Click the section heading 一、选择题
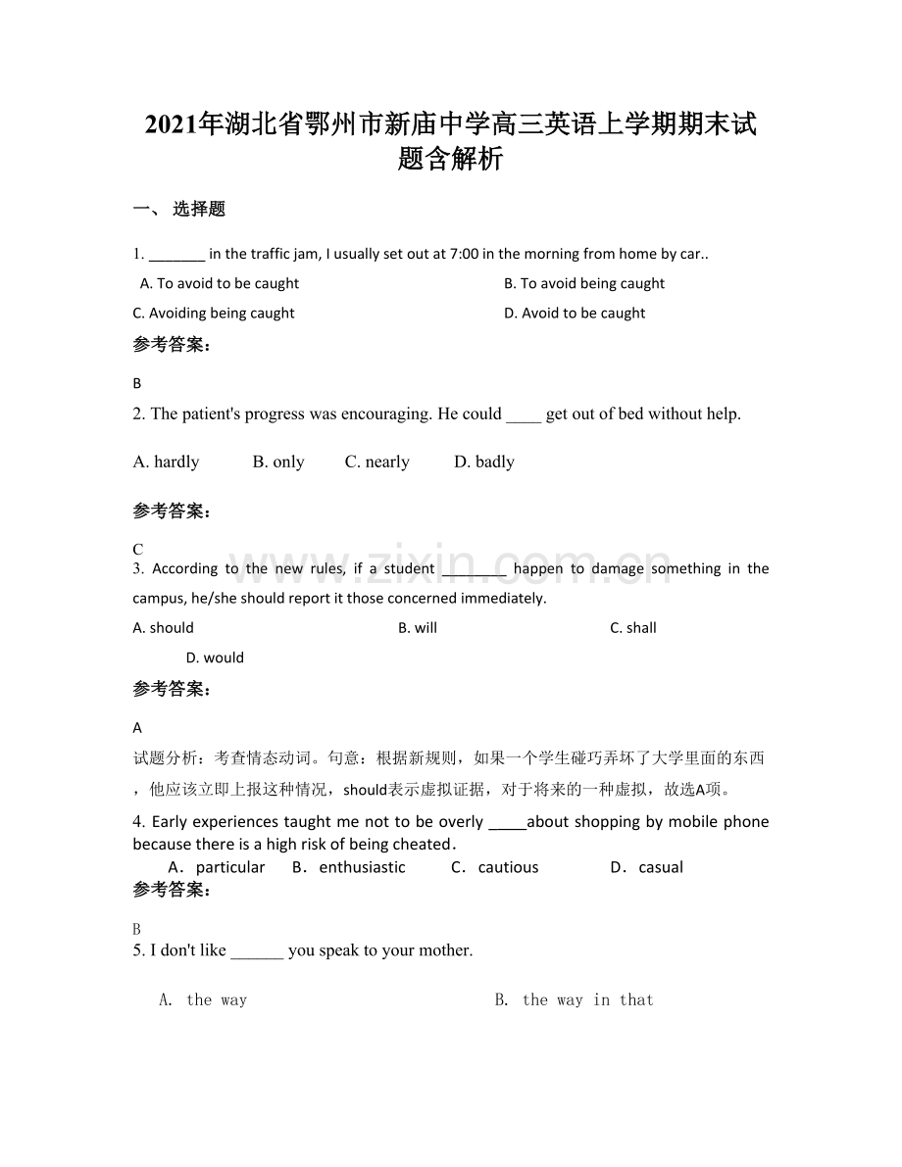pos(179,209)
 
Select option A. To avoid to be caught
pos(220,284)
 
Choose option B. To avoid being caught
pos(583,284)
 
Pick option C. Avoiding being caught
pos(214,314)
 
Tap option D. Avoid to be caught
pos(574,314)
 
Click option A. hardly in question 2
pos(166,462)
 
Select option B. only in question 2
pos(278,462)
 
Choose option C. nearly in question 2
pos(376,462)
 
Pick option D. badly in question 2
pos(484,462)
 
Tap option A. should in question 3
pos(164,628)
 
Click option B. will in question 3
pos(418,628)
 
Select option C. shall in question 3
pos(633,628)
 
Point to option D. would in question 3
pos(215,658)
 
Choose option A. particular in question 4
pos(217,867)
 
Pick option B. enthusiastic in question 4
pos(349,867)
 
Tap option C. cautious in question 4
pos(495,867)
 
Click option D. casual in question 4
pos(647,867)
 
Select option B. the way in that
pos(575,1000)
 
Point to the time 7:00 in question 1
pos(464,254)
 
